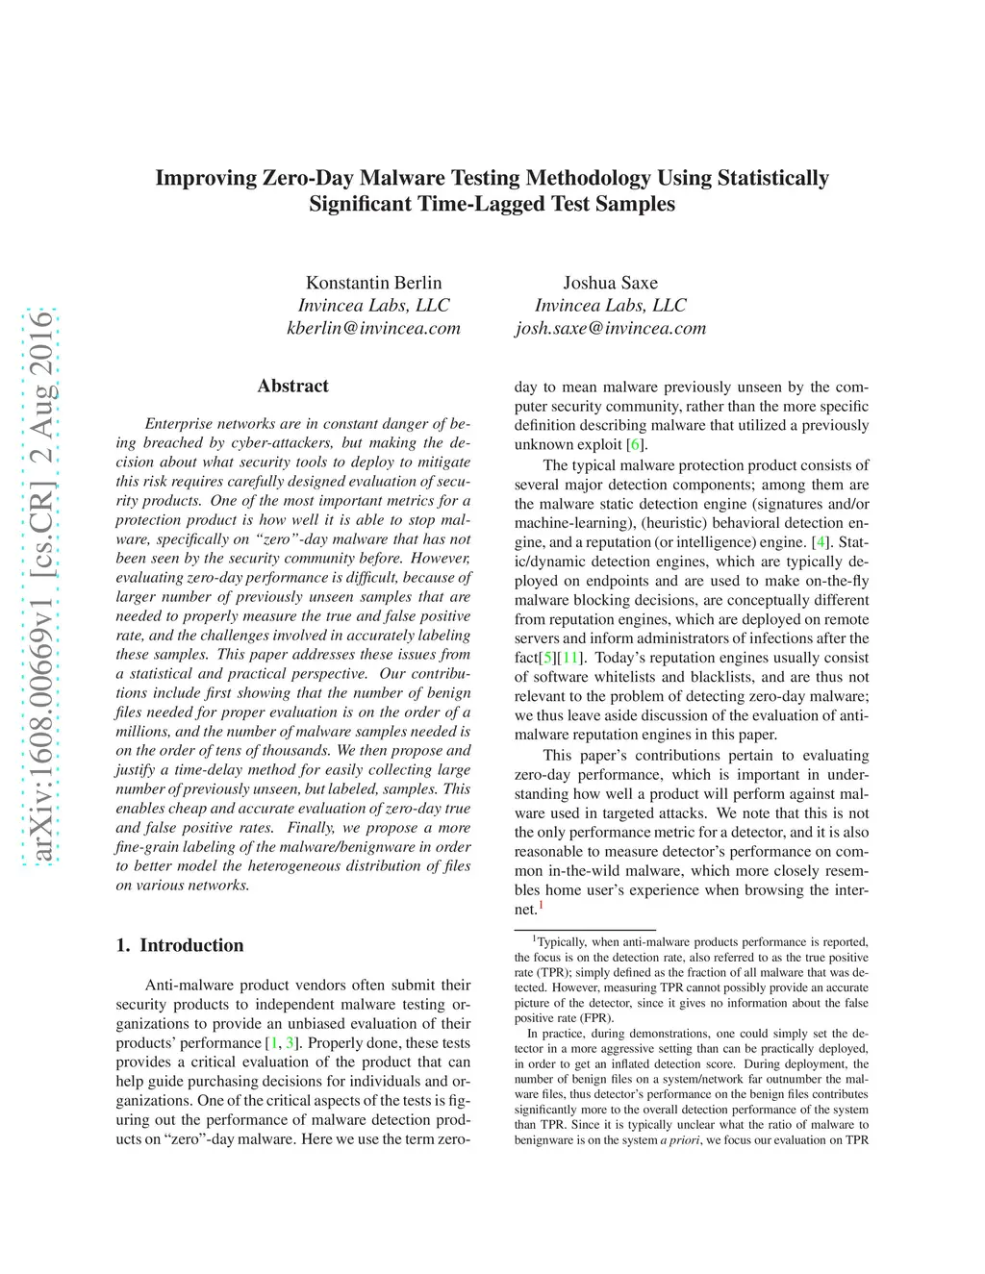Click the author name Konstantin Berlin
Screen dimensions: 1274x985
click(373, 283)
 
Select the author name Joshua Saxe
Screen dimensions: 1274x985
click(610, 283)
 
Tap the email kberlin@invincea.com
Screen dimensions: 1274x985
click(373, 328)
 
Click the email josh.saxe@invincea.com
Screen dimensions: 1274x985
click(610, 328)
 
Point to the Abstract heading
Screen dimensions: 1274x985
click(292, 386)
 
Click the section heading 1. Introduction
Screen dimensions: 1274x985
click(180, 945)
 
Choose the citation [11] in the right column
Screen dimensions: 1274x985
click(572, 658)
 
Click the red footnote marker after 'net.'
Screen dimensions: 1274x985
click(542, 905)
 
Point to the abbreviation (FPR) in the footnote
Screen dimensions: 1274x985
click(596, 1018)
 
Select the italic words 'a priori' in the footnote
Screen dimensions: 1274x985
click(679, 1140)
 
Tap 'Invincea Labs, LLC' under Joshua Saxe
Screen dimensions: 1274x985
click(610, 306)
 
